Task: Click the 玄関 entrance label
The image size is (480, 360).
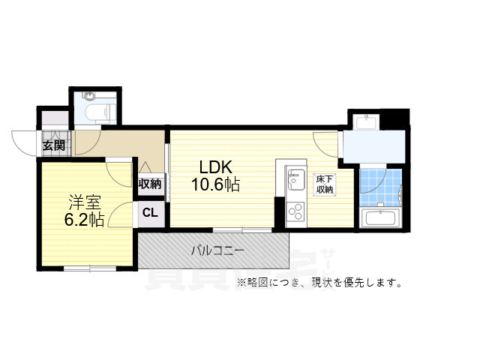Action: tap(53, 145)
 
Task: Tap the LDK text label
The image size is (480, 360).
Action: tap(216, 166)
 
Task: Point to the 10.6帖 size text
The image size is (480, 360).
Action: tap(214, 184)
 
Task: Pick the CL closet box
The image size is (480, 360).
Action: tap(150, 212)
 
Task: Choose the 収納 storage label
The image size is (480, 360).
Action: tap(150, 184)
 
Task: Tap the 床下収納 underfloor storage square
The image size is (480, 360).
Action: tap(324, 184)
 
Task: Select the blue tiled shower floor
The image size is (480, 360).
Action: tap(379, 188)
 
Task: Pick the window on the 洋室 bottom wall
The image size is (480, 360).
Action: tap(88, 267)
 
